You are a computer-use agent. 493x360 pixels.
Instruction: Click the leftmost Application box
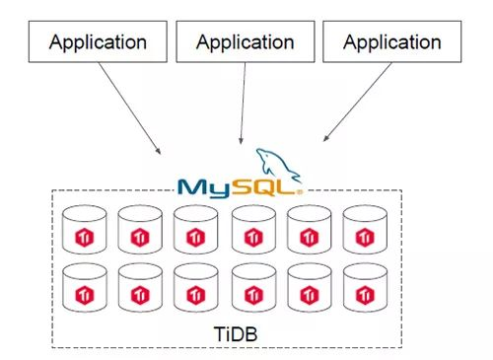tap(98, 42)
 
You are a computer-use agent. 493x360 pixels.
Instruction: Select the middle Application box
tap(245, 42)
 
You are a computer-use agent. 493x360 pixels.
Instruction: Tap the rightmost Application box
tap(391, 42)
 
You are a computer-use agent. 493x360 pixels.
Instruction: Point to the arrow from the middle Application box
tap(243, 104)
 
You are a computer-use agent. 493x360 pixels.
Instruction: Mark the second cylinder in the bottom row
tap(139, 289)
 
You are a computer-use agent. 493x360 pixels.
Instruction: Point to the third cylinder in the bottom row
tap(195, 289)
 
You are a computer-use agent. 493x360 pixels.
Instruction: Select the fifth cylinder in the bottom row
tap(308, 289)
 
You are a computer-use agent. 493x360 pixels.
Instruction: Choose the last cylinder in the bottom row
tap(364, 289)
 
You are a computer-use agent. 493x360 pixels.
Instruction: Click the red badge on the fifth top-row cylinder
tap(308, 236)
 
